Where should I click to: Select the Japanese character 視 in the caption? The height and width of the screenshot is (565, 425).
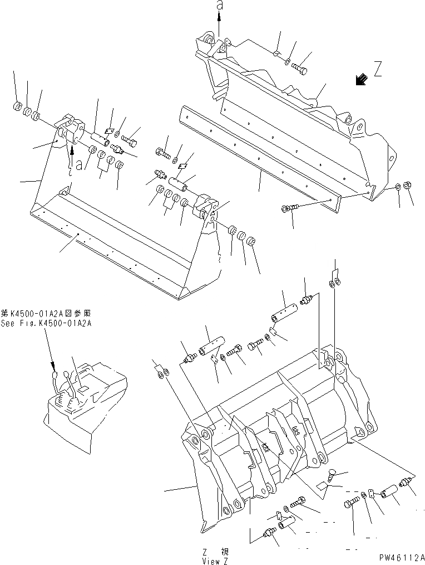(224, 551)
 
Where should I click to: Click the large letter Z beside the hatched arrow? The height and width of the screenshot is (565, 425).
(378, 70)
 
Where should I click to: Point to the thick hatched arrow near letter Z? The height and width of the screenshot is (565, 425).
(361, 80)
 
